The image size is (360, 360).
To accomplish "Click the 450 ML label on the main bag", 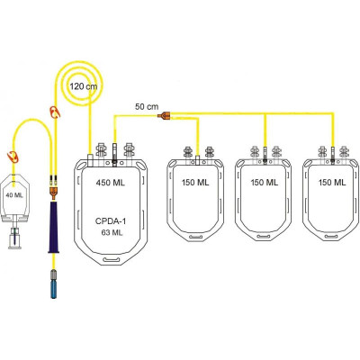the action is click(110, 183).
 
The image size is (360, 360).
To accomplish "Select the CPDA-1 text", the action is click(111, 221).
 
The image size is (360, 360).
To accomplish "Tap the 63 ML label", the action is click(112, 232).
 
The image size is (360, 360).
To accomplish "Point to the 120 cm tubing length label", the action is click(84, 86).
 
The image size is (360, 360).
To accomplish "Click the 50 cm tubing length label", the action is click(147, 106).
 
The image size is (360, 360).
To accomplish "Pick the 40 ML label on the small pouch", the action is click(14, 195).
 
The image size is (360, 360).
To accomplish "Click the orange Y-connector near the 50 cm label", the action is click(165, 116).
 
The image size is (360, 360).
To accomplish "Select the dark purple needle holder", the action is click(54, 227).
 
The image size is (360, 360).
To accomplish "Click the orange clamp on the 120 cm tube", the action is click(55, 112).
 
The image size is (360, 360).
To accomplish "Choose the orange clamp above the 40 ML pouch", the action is click(13, 157).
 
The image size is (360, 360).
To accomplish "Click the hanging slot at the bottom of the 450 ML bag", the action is click(111, 259).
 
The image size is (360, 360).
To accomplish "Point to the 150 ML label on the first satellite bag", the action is click(195, 183).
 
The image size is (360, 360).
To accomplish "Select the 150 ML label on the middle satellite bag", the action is click(265, 183).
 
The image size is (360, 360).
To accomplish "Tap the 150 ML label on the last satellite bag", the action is click(332, 183).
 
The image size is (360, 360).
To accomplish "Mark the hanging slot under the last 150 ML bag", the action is click(331, 237).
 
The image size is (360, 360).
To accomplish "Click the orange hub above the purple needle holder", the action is click(54, 193).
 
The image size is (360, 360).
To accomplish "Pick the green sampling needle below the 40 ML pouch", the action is click(13, 235).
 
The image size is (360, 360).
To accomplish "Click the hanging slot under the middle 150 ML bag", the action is click(264, 237).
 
